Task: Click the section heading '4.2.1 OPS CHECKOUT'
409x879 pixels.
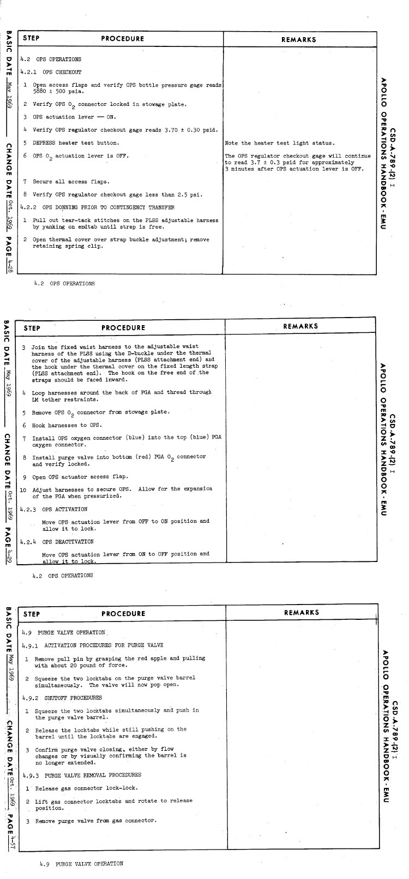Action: pos(51,72)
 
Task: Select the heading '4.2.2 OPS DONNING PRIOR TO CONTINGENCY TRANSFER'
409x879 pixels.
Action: pos(97,207)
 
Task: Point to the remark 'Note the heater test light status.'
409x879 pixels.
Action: pos(279,143)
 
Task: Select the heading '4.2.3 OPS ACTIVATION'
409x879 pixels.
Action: pos(53,509)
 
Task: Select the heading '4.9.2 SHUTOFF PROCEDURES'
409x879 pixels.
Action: pos(62,698)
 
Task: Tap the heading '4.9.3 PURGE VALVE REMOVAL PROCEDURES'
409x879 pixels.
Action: pos(82,775)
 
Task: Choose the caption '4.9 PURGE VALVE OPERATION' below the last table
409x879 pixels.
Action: pos(82,864)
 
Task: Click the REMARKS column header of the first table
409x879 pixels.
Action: pos(298,39)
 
